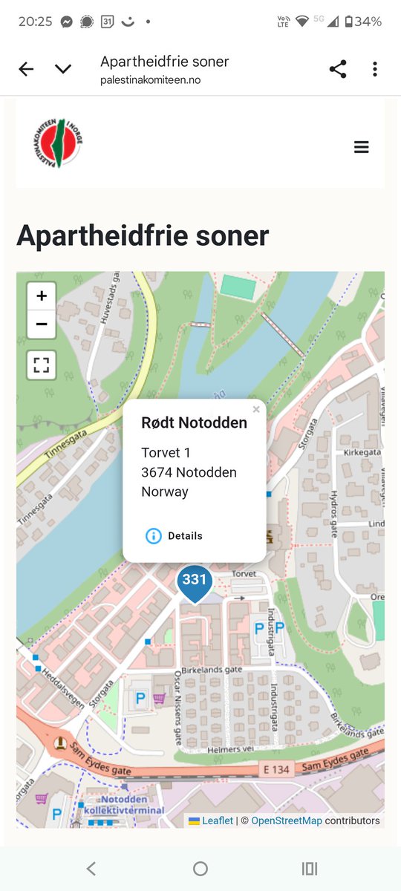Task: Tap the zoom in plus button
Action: tap(42, 296)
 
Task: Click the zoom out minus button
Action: tap(42, 324)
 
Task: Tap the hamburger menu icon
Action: tap(362, 147)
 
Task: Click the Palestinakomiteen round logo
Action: tap(57, 142)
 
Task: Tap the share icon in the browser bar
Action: tap(338, 69)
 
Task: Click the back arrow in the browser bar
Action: tap(26, 69)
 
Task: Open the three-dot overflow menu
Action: tap(375, 69)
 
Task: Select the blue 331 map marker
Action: tap(195, 581)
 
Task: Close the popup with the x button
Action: tap(256, 409)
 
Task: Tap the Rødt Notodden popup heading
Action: tap(195, 422)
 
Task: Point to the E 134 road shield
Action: tap(277, 770)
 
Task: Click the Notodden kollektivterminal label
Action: tap(125, 806)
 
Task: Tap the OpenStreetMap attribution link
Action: tap(287, 820)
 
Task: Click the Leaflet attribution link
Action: tap(218, 820)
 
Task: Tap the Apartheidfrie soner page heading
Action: tap(143, 235)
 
